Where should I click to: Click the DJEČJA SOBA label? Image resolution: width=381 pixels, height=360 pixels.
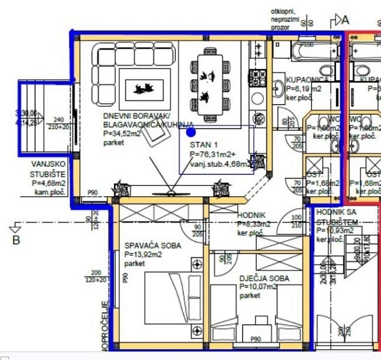264,278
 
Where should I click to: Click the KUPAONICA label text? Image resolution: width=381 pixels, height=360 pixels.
307,80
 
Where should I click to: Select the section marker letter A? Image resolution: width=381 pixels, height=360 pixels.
345,20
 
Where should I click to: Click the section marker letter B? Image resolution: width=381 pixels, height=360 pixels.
16,240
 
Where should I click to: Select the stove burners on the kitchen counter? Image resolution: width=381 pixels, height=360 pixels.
258,76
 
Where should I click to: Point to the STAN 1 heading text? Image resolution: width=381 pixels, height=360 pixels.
205,145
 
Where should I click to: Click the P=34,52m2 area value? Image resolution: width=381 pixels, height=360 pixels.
122,134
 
